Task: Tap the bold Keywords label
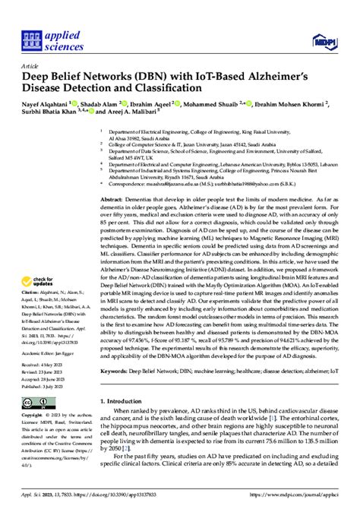coord(116,394)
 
